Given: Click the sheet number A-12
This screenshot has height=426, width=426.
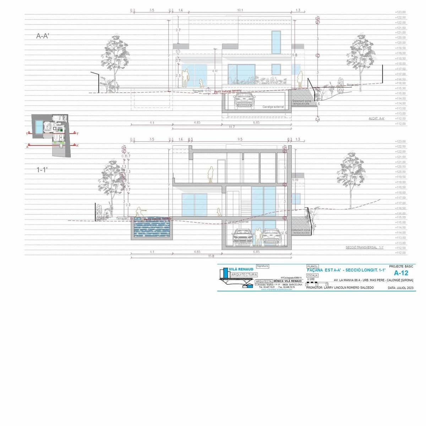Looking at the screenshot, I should [x=401, y=273].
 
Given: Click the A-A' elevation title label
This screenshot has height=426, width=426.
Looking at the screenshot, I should [x=43, y=36].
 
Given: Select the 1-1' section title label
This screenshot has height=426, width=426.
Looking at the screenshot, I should [x=42, y=170].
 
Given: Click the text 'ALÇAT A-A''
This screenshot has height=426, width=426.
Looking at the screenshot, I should [x=377, y=119].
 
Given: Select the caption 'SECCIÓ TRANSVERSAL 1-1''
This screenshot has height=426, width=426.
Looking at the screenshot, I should [x=365, y=247].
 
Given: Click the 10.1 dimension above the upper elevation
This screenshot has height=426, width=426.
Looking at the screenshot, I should [x=240, y=10].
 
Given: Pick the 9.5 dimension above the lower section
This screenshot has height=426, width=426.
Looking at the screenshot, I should [x=240, y=140].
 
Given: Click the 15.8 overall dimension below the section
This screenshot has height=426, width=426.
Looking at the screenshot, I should [x=211, y=256].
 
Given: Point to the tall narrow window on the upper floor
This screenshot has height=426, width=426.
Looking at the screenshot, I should [x=276, y=42].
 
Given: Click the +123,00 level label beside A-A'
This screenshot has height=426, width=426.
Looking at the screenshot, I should [x=400, y=12].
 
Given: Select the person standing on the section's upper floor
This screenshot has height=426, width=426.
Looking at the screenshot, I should [x=210, y=174].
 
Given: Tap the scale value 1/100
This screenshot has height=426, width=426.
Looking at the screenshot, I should [x=311, y=279].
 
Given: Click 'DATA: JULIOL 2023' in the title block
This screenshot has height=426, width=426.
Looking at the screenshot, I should [x=400, y=288].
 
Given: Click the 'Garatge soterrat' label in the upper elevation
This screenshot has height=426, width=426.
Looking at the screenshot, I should [x=273, y=106].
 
